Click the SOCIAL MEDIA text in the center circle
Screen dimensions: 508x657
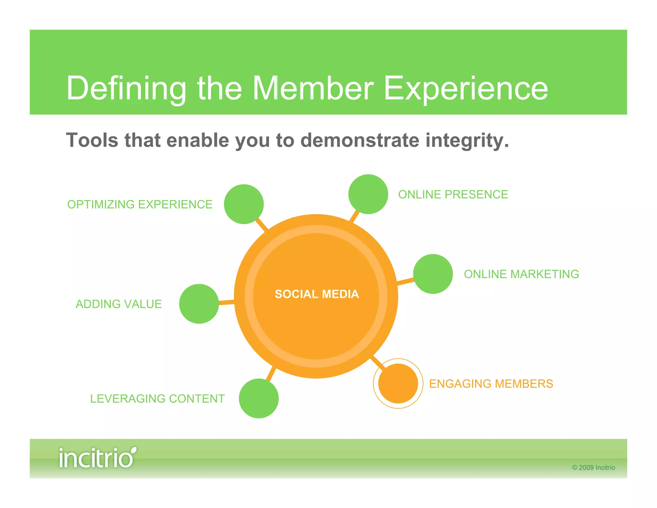click(x=317, y=294)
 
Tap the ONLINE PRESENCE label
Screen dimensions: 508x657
click(x=453, y=195)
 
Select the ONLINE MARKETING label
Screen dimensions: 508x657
click(x=521, y=274)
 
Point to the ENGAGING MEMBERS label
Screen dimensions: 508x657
click(x=491, y=384)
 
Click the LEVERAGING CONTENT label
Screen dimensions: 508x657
click(x=157, y=399)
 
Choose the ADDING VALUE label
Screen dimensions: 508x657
click(x=119, y=304)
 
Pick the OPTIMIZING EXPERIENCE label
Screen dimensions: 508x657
click(x=140, y=205)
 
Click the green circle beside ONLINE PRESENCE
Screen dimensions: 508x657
click(x=368, y=194)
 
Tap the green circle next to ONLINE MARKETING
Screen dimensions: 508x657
click(x=433, y=274)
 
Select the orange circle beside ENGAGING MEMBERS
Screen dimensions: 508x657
click(x=398, y=383)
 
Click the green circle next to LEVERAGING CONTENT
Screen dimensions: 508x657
click(x=259, y=399)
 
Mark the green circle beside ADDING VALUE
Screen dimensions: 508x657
click(x=199, y=304)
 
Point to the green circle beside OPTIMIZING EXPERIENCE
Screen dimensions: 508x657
click(x=244, y=204)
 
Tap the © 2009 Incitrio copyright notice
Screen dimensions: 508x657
click(x=593, y=468)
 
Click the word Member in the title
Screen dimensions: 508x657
click(x=313, y=88)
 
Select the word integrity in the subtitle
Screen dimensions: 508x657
click(x=467, y=141)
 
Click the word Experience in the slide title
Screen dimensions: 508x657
click(x=466, y=88)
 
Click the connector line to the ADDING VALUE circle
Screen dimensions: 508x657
click(x=226, y=302)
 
